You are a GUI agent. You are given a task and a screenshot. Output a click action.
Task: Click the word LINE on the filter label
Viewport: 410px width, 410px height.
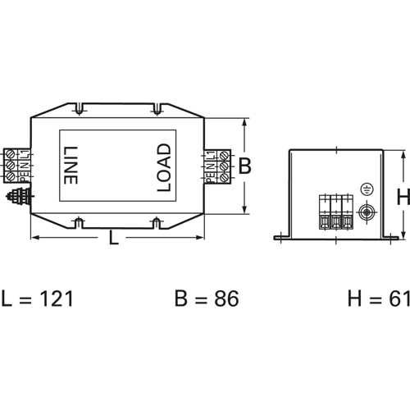pos(71,166)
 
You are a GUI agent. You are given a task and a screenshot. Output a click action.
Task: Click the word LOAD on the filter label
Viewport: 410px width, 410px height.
pos(164,167)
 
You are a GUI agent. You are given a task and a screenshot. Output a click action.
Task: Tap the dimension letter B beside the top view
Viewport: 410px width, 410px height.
pos(244,166)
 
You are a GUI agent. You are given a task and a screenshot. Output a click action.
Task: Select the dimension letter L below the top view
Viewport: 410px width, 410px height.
pos(114,237)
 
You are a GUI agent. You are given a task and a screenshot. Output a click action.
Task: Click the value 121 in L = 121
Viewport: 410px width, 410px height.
pos(57,298)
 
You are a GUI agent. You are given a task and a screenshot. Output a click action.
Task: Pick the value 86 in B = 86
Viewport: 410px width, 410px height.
pos(226,298)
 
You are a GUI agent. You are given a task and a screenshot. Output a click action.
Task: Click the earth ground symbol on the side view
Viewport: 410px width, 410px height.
pos(367,189)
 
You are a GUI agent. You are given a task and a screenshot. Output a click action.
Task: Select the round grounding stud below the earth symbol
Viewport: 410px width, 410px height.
pos(367,212)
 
